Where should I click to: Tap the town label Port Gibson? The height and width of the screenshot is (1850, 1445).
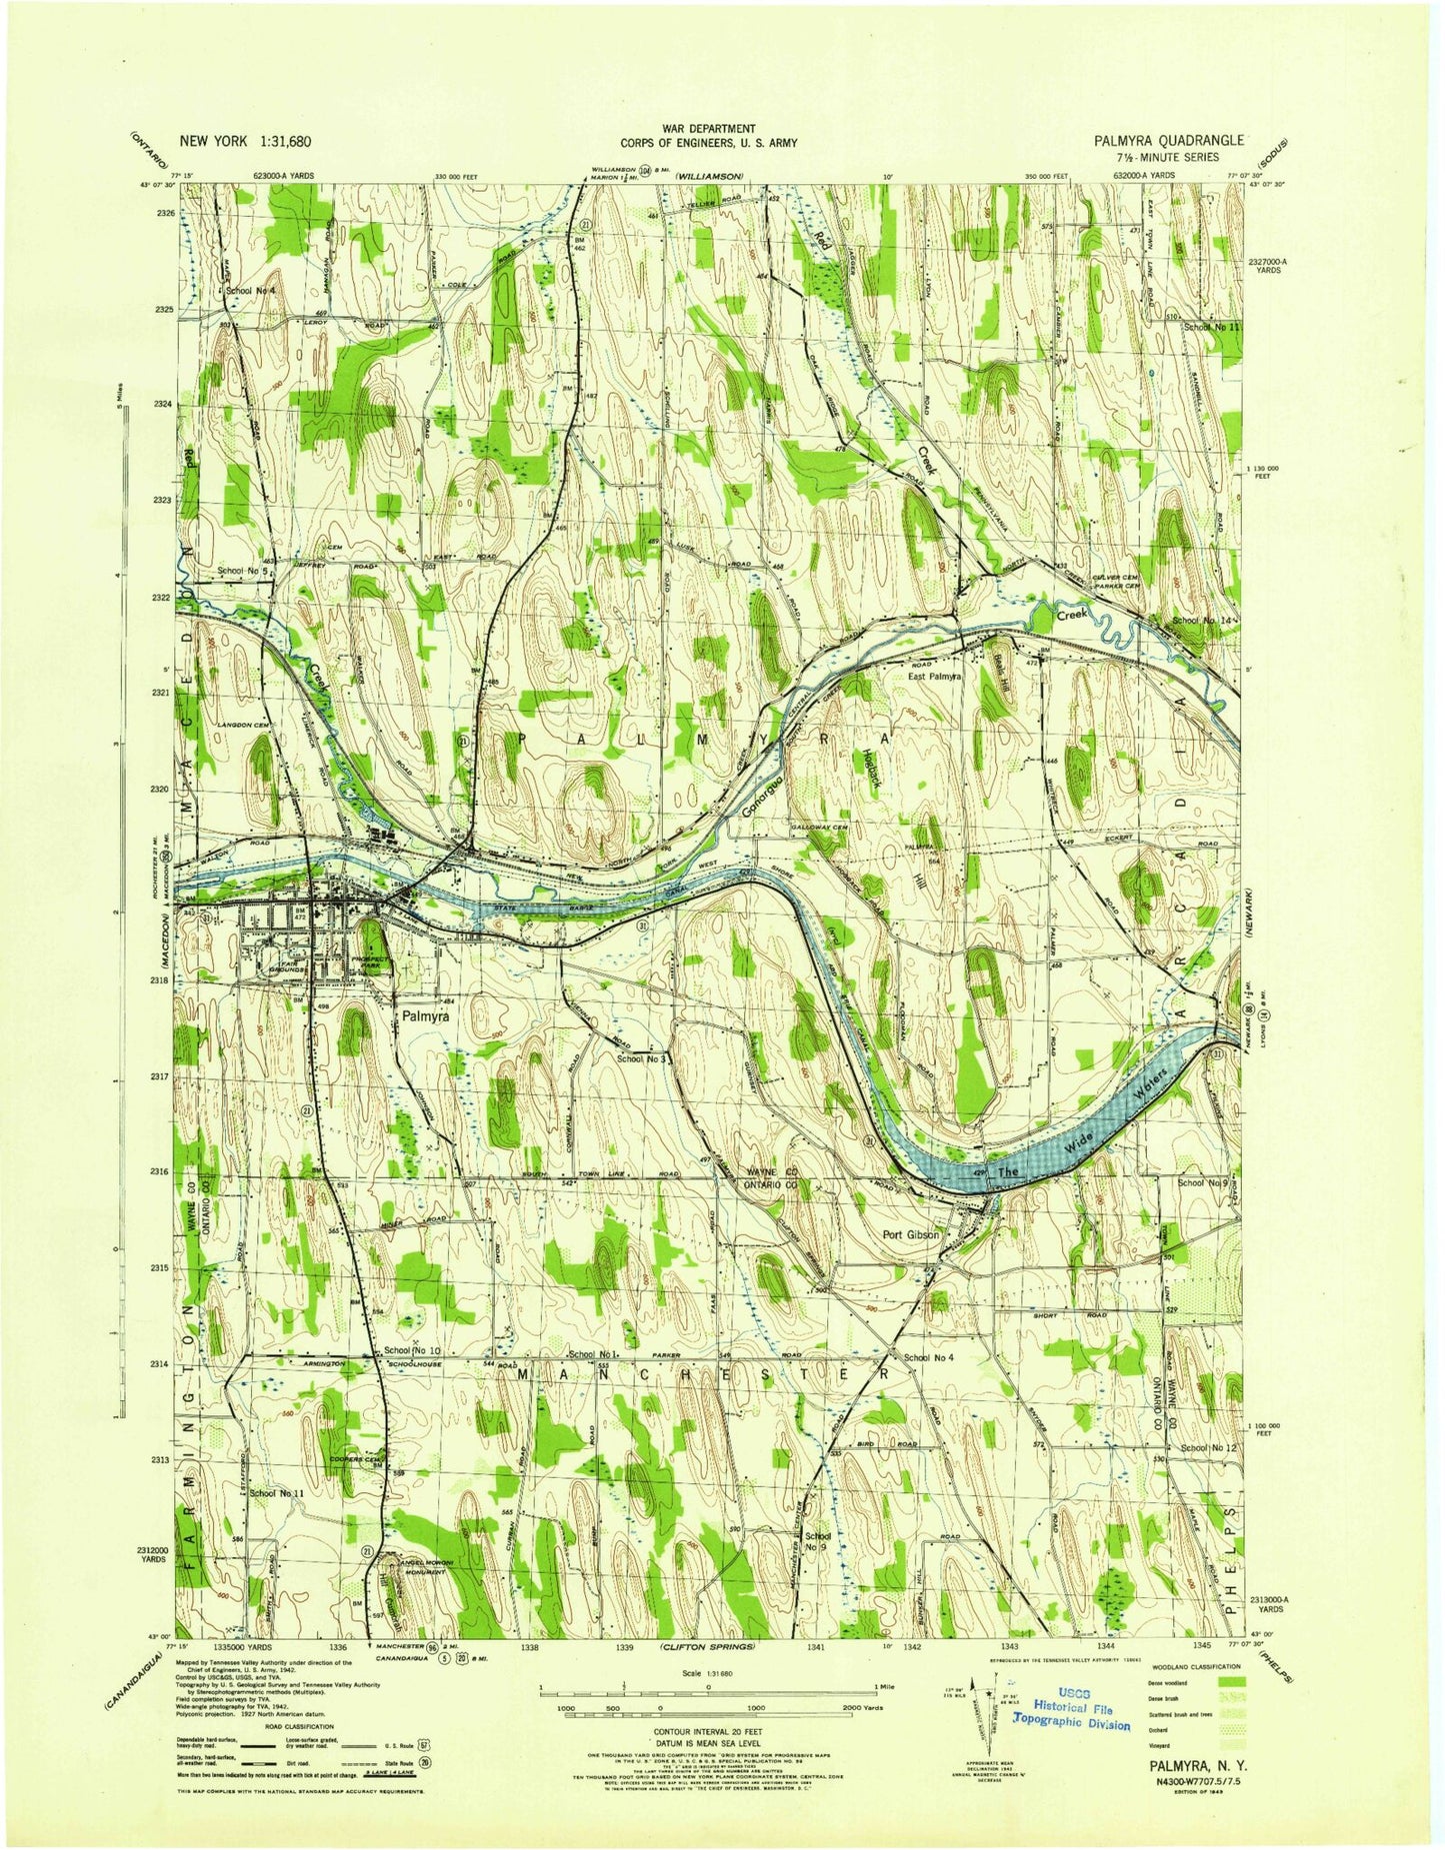pyautogui.click(x=911, y=1234)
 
